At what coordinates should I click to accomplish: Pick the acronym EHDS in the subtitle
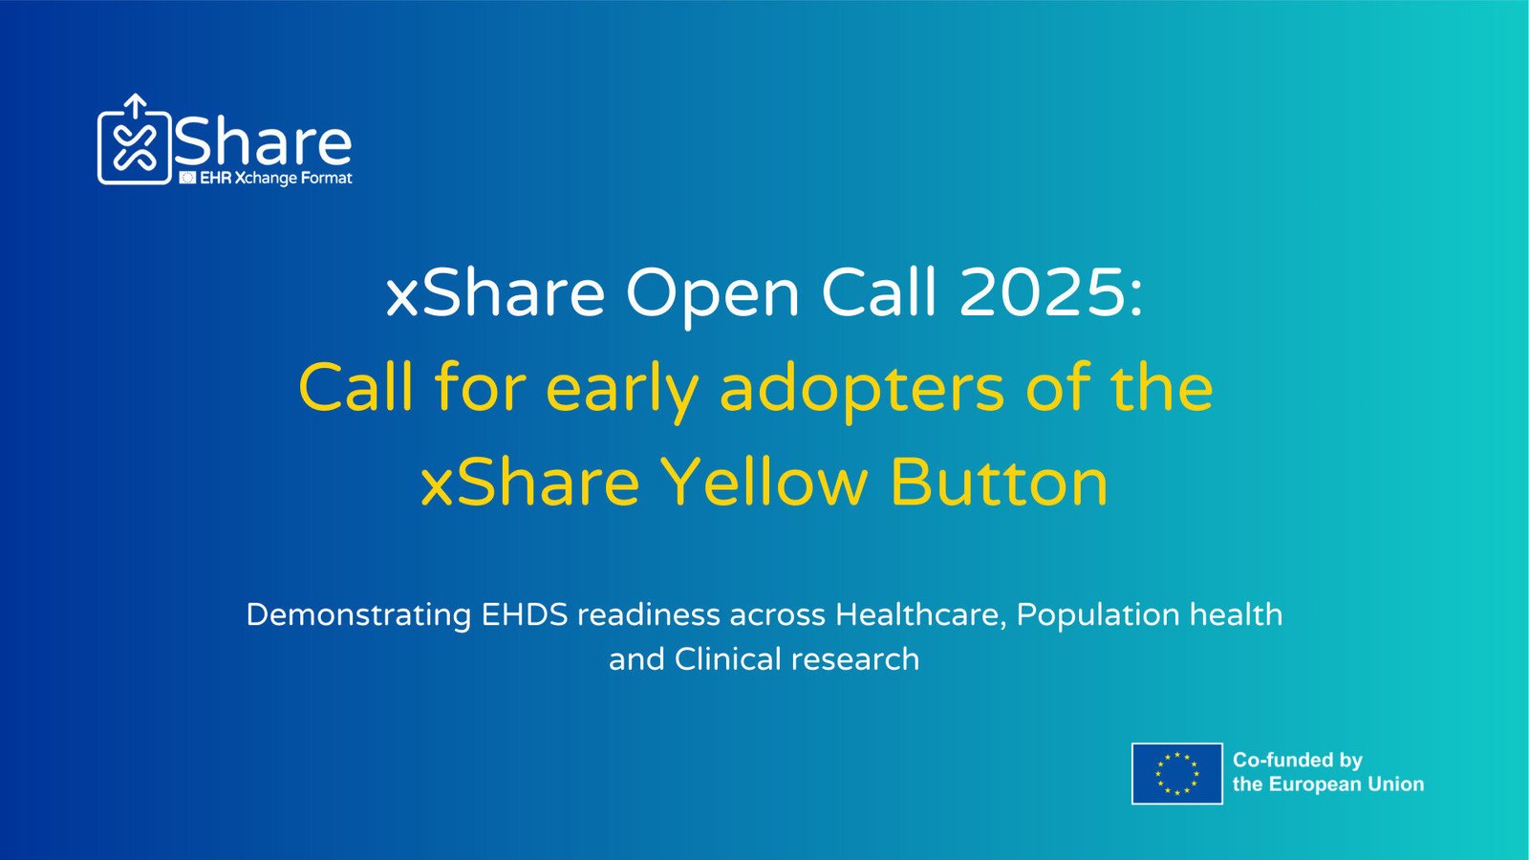coord(525,614)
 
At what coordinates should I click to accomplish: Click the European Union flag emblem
coord(1176,773)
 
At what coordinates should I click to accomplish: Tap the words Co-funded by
coord(1298,760)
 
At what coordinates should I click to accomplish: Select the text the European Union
coord(1328,785)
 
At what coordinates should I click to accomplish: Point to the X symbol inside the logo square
coord(135,147)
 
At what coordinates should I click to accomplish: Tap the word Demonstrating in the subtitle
coord(358,616)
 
